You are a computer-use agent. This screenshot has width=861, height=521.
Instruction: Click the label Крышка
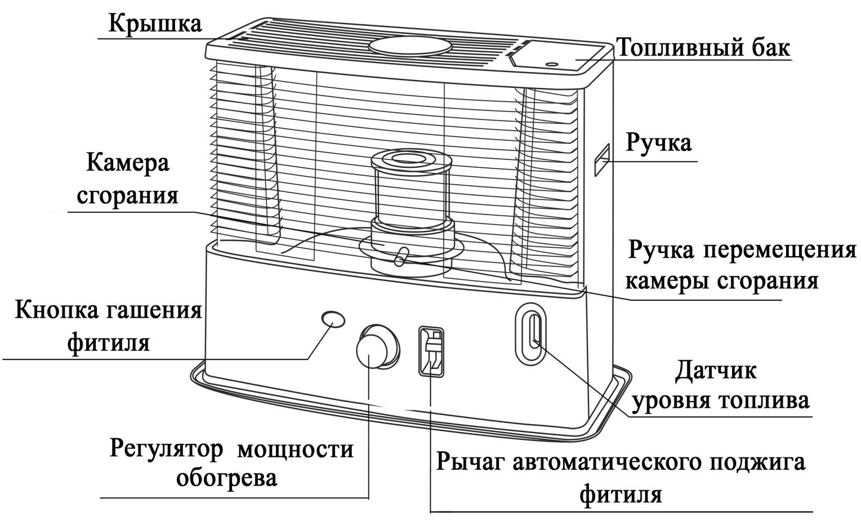(155, 23)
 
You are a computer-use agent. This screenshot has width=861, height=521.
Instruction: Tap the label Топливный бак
(703, 48)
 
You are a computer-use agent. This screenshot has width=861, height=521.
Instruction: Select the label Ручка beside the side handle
(659, 143)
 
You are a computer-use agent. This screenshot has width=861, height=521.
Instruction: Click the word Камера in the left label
(128, 163)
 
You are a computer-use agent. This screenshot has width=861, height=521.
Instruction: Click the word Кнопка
(56, 311)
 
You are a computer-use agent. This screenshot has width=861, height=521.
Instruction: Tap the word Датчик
(716, 371)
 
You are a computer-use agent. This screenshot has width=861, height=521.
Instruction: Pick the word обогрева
(227, 479)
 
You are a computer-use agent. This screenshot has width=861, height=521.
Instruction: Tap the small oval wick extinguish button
(333, 319)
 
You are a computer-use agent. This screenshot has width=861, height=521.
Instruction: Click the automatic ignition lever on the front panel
(431, 352)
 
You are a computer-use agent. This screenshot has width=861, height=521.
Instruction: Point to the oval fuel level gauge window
(530, 331)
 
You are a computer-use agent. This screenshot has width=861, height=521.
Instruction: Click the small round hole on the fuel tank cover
(552, 64)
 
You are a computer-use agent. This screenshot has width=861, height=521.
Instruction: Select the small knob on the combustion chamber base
(400, 256)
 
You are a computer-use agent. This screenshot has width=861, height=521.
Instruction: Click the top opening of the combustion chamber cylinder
(411, 159)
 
